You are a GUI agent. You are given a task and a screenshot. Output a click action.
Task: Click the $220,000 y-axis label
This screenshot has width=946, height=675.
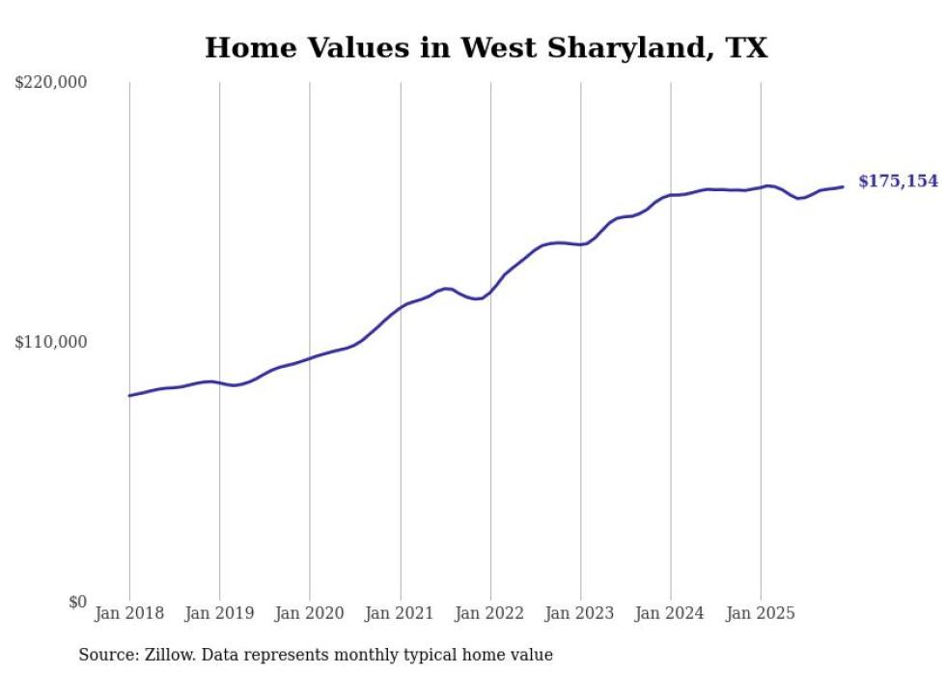tap(51, 83)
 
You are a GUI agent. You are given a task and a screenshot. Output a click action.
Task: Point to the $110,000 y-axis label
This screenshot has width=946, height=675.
tap(51, 342)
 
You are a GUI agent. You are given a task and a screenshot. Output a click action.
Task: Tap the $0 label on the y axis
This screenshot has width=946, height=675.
tap(77, 602)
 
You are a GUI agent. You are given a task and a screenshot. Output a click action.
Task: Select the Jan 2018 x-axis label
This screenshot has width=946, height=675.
tap(129, 613)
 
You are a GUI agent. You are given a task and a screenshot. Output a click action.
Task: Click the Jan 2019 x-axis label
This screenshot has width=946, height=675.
tap(219, 613)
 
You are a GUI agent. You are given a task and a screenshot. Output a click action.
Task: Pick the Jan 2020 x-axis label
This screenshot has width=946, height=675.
tap(310, 613)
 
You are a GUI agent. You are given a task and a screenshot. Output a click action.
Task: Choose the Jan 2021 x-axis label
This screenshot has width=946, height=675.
tap(400, 613)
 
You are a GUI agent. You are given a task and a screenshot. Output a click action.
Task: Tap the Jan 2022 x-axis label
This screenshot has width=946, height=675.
tap(490, 613)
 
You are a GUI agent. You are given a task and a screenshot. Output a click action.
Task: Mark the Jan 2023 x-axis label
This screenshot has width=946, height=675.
tap(580, 613)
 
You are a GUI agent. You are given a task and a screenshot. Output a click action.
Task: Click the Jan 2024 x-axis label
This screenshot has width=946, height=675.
tap(671, 613)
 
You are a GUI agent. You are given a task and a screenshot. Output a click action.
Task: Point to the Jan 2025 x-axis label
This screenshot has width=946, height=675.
tap(761, 613)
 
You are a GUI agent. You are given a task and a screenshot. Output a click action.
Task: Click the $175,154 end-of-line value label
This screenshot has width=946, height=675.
tap(898, 182)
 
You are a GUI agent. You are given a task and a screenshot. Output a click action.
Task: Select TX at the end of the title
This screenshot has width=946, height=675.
tap(747, 47)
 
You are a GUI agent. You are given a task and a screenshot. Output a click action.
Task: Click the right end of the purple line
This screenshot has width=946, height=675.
tap(843, 186)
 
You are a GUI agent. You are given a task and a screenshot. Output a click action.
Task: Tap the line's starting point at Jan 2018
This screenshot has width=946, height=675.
tap(129, 396)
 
